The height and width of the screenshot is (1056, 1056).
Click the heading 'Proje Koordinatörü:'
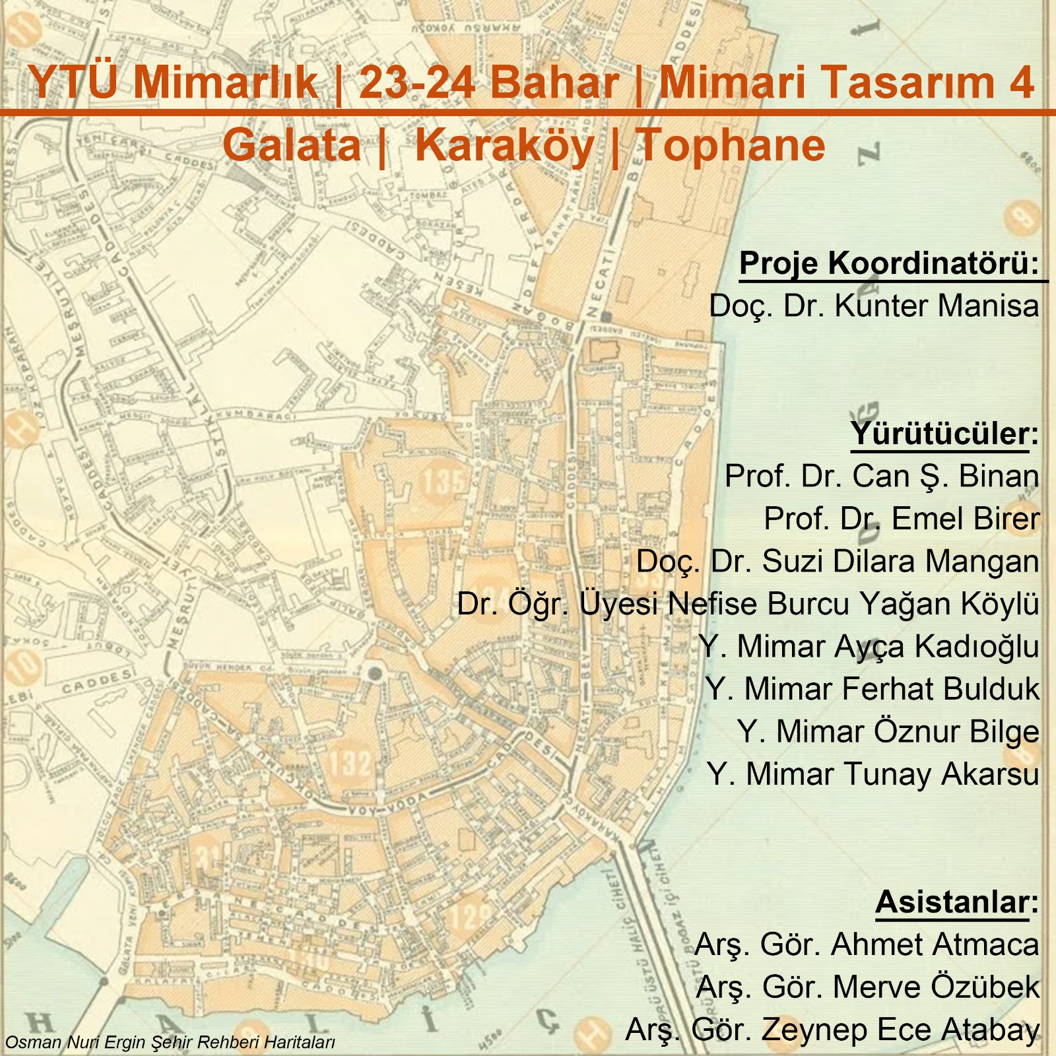(889, 263)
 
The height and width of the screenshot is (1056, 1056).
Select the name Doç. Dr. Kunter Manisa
(874, 306)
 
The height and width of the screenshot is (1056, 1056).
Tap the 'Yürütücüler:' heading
(944, 434)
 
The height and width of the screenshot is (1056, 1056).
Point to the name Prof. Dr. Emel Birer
(902, 519)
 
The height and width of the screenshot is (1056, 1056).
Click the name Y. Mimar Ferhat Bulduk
(872, 689)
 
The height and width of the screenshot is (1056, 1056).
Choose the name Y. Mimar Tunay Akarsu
(873, 774)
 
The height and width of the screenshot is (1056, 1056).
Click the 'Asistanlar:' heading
(956, 902)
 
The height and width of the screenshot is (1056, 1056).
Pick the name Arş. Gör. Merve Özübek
(867, 987)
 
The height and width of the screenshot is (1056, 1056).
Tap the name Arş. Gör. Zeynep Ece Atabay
(832, 1030)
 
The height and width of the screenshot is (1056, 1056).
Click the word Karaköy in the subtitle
(504, 145)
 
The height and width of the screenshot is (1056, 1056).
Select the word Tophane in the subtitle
(731, 145)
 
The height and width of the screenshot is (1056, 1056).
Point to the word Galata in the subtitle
(292, 145)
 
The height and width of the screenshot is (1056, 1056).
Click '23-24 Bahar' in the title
(489, 83)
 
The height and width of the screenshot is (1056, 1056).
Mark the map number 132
(349, 764)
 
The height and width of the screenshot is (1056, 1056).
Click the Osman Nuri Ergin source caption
(170, 1043)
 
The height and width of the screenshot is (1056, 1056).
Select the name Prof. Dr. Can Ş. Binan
(882, 477)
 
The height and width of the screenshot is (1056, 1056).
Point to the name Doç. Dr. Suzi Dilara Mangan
(838, 562)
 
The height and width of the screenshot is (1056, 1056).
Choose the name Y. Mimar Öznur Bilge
(888, 732)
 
